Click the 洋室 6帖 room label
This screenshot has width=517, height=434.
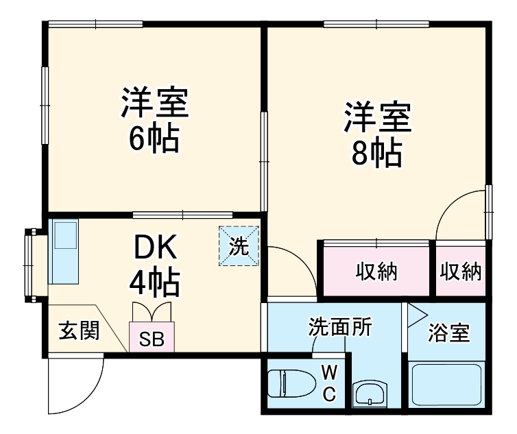(x=154, y=120)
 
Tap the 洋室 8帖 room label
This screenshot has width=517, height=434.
(x=376, y=135)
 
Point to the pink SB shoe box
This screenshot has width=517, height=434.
(x=152, y=337)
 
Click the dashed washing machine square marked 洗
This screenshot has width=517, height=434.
(x=239, y=246)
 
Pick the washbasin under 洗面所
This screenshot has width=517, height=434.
(x=370, y=395)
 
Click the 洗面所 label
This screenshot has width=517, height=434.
(x=339, y=327)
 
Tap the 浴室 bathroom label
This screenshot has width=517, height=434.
(x=449, y=333)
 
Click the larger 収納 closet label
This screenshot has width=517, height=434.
(x=376, y=272)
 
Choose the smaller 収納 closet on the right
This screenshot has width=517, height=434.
(x=460, y=272)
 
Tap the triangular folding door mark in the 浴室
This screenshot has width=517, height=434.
(x=416, y=314)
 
